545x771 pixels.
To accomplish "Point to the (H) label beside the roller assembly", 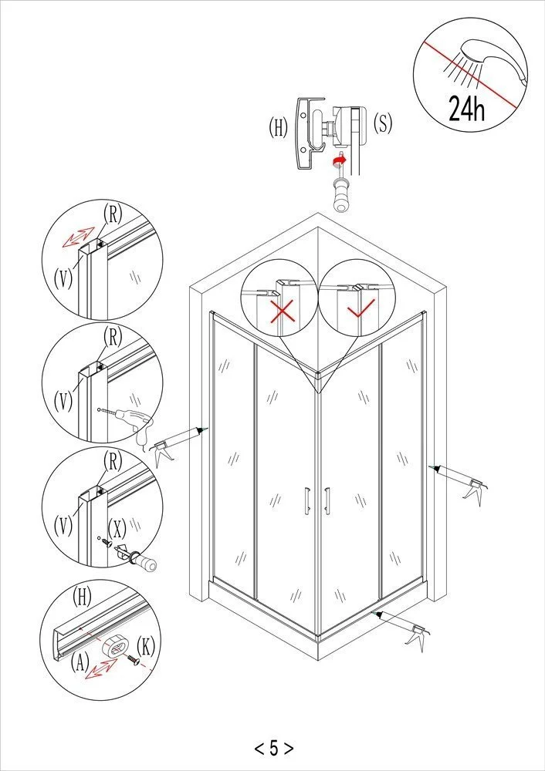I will pyautogui.click(x=279, y=127).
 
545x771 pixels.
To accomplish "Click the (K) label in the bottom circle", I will pyautogui.click(x=147, y=645).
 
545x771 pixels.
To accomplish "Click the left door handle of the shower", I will pyautogui.click(x=306, y=499).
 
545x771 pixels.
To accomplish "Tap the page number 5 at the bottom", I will pyautogui.click(x=273, y=747).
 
